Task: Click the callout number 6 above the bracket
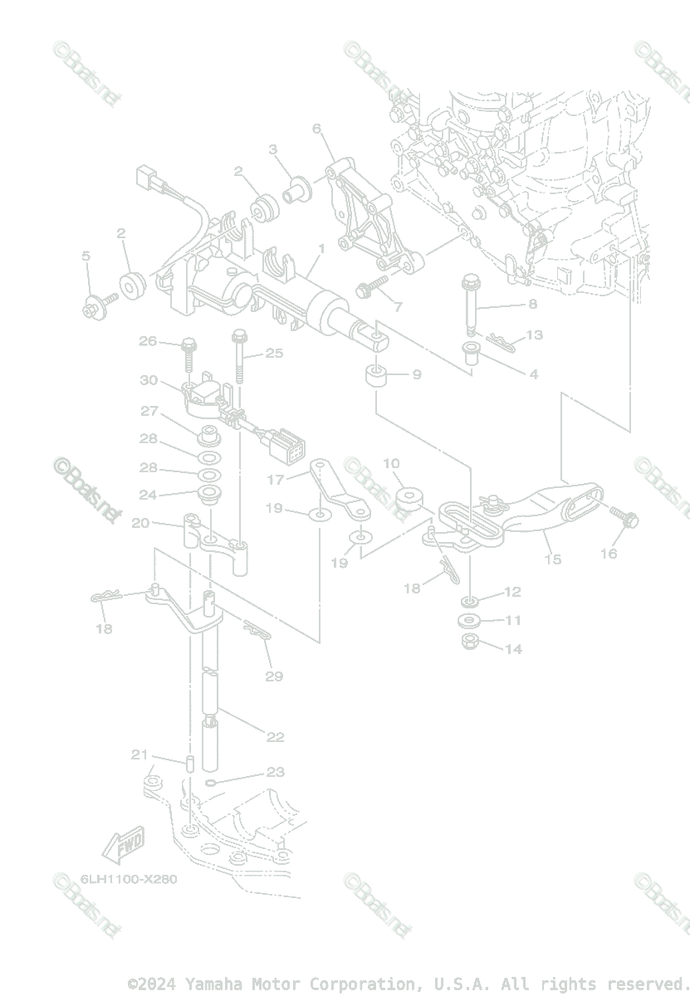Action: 316,129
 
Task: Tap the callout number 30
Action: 149,380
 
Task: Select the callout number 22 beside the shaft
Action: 276,736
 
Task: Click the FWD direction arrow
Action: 123,846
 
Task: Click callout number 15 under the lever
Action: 553,559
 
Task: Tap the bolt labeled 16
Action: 624,517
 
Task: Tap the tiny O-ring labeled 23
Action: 210,782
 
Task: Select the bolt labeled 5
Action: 92,306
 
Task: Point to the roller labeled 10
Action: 408,500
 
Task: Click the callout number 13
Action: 534,334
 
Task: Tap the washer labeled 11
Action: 469,621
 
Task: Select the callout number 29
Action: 274,676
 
